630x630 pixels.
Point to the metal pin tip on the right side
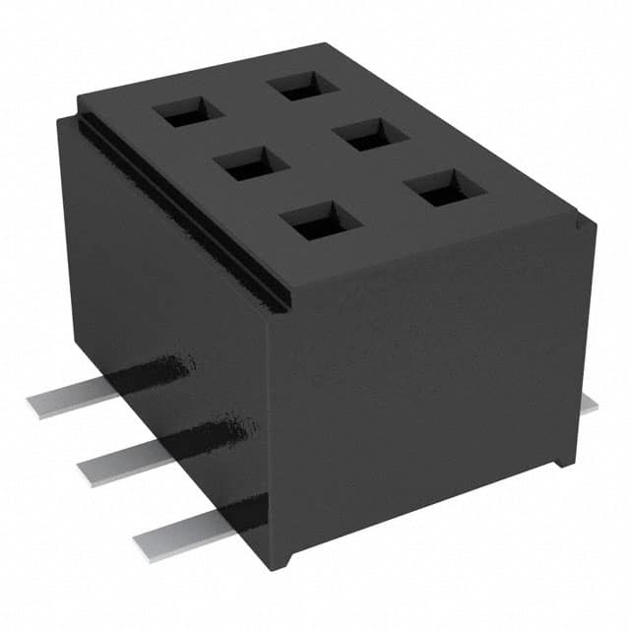tap(589, 406)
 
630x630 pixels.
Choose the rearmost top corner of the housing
tap(295, 43)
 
